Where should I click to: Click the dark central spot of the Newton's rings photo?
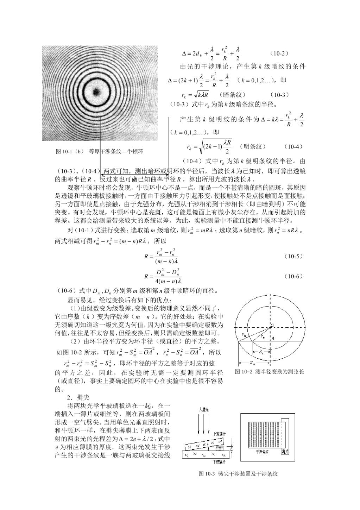95,92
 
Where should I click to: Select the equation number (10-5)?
293,256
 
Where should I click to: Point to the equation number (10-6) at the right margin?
293,276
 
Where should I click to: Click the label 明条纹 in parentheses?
252,146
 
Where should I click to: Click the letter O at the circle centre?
273,325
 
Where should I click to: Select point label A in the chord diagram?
273,338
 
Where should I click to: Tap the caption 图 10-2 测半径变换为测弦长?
269,372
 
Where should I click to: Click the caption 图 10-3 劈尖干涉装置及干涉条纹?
238,474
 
